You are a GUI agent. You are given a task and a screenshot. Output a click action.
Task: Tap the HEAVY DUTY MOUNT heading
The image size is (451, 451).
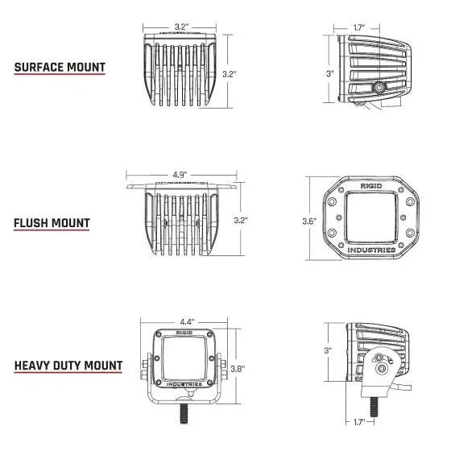pyautogui.click(x=68, y=366)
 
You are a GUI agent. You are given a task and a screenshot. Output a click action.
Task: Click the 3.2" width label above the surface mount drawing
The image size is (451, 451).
pyautogui.click(x=180, y=27)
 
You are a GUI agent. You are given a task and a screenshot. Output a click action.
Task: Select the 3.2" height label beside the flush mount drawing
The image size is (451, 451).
pyautogui.click(x=239, y=219)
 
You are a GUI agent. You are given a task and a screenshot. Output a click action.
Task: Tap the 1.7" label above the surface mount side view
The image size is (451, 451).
pyautogui.click(x=362, y=27)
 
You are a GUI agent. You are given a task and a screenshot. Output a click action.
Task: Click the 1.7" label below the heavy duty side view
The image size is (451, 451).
pyautogui.click(x=360, y=421)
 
